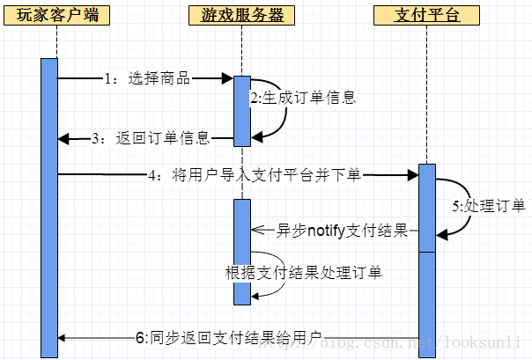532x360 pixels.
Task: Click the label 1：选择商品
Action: (146, 78)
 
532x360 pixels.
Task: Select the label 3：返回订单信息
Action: (151, 137)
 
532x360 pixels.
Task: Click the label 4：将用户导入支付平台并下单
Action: (255, 175)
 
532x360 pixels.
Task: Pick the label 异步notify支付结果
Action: (343, 231)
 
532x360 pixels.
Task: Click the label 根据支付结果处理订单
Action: (304, 272)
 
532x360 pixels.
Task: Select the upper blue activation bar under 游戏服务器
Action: (242, 109)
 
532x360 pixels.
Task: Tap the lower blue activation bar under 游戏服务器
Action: (242, 252)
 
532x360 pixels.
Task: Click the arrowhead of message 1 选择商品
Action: (226, 78)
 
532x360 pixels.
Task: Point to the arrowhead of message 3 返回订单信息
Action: (64, 137)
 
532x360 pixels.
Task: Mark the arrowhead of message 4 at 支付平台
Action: (411, 175)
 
